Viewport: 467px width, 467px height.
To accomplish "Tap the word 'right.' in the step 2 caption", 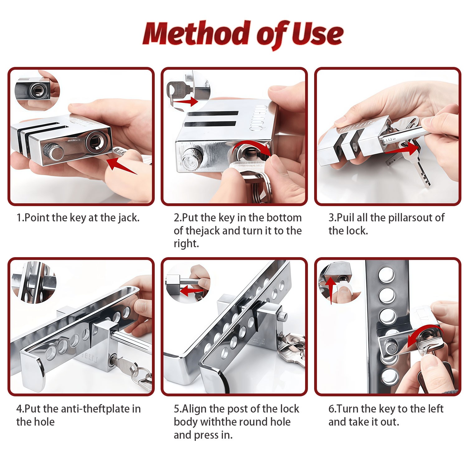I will point(186,243).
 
